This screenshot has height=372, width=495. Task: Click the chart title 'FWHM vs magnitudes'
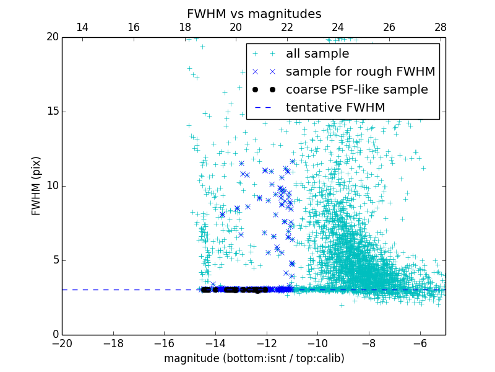(254, 14)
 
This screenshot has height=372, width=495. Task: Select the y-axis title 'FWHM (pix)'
(37, 185)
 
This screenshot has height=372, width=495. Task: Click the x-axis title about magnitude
(254, 358)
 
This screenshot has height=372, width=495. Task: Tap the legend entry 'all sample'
(317, 54)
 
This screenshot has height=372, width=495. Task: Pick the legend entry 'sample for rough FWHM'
(360, 72)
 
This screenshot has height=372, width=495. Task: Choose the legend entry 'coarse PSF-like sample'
(356, 90)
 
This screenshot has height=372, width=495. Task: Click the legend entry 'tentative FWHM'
(335, 108)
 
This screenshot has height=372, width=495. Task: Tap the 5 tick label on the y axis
(54, 260)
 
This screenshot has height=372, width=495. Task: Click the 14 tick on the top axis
(82, 27)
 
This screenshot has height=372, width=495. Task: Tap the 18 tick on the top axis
(184, 27)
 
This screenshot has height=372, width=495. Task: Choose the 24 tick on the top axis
(338, 27)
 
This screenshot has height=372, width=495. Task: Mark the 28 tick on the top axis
(440, 27)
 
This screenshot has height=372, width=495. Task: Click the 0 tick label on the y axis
(54, 335)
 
